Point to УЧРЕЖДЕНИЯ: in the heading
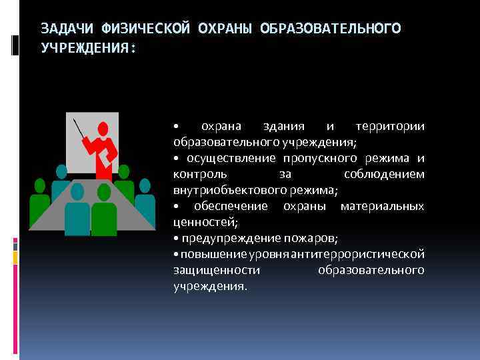pyautogui.click(x=87, y=49)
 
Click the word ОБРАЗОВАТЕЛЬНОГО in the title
pyautogui.click(x=331, y=28)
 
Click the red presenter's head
pyautogui.click(x=102, y=128)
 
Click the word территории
pyautogui.click(x=390, y=127)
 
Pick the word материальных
pyautogui.click(x=382, y=207)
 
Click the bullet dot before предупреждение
pyautogui.click(x=175, y=239)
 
